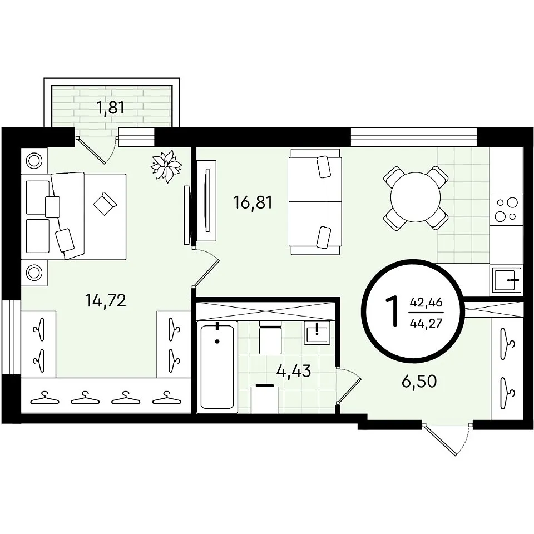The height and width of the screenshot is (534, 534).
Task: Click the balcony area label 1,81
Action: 111,107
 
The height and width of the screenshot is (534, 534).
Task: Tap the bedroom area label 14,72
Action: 106,301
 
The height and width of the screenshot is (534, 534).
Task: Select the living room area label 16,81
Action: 253,203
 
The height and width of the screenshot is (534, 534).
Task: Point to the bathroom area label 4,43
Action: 294,370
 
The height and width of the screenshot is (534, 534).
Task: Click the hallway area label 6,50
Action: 419,382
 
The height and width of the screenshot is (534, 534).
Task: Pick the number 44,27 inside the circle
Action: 427,322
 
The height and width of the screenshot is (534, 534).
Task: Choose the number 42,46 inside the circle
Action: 427,301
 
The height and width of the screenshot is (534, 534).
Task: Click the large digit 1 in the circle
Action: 392,311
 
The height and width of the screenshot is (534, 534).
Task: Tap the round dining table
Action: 416,197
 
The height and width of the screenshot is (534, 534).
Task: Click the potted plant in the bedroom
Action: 166,166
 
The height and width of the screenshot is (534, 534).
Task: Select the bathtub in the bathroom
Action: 217,367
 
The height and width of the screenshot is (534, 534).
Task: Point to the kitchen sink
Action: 507,280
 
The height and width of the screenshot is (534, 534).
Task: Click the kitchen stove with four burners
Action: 506,210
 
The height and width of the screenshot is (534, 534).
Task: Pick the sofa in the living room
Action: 315,201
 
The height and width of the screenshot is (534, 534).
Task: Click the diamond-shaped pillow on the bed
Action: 105,204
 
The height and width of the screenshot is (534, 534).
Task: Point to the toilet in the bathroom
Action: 270,337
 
